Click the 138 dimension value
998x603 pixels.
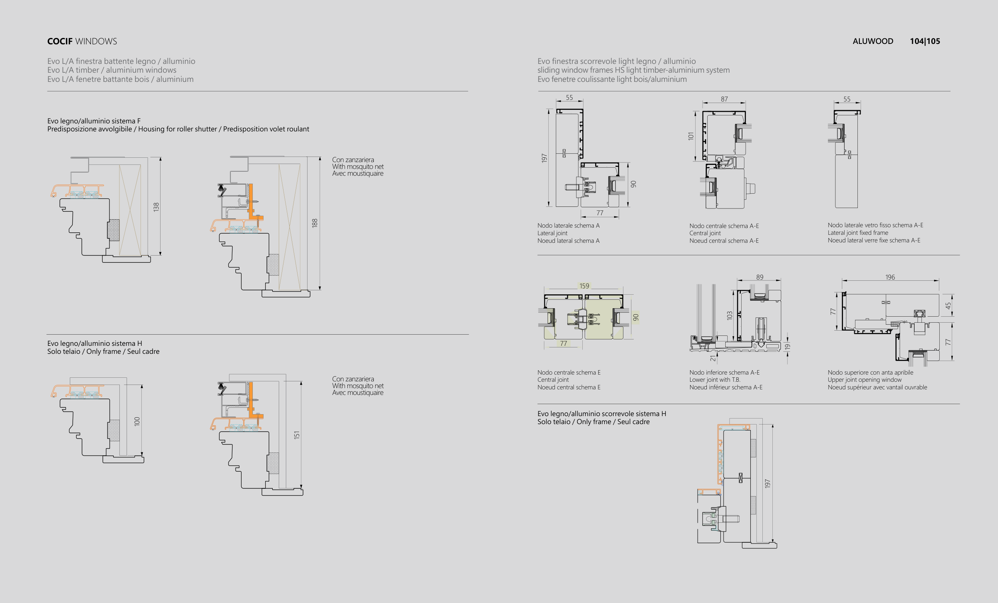point(156,207)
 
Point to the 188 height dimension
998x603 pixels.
point(315,223)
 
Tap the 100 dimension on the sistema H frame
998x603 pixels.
point(137,421)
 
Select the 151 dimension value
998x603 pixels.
point(297,435)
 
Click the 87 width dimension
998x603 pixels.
point(724,99)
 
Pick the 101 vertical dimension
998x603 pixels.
point(691,136)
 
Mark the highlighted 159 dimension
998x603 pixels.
point(584,286)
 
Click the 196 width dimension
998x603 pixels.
point(890,278)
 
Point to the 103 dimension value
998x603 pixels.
point(730,315)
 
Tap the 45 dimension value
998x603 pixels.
point(948,306)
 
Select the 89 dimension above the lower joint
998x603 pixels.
point(760,278)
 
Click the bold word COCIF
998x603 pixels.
point(60,41)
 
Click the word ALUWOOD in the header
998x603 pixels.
point(873,41)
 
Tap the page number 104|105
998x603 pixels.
point(925,41)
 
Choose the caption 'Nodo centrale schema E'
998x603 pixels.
point(569,373)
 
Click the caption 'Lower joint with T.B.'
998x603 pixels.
point(715,380)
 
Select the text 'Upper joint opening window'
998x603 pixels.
point(865,380)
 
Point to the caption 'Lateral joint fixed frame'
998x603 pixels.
point(858,233)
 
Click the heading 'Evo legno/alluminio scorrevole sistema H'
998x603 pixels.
point(602,414)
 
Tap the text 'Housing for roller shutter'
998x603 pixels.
point(177,129)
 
